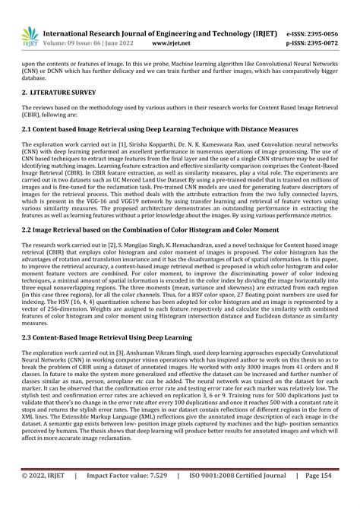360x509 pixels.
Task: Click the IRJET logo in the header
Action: pos(30,35)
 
